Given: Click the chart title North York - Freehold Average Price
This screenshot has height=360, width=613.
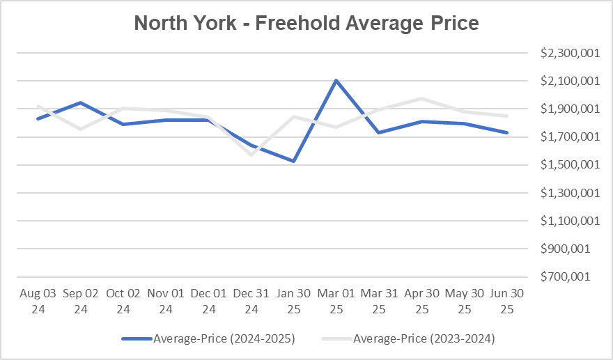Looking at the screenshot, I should [x=306, y=23].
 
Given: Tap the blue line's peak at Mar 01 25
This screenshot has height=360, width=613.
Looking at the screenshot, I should [x=336, y=80].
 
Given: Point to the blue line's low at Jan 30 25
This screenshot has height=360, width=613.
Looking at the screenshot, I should [x=293, y=162].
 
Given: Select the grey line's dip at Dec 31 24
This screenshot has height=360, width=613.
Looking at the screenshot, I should [x=251, y=155].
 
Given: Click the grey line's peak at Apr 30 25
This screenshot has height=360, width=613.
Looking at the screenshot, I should [x=421, y=99].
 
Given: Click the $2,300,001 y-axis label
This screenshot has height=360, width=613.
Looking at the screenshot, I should [x=568, y=54].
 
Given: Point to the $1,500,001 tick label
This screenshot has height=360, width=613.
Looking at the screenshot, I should [x=568, y=165].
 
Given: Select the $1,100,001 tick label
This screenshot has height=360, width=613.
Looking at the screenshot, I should [x=568, y=221].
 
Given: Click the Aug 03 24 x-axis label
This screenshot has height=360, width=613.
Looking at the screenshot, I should [x=38, y=301].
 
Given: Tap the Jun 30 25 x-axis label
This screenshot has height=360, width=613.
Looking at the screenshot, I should [x=506, y=301].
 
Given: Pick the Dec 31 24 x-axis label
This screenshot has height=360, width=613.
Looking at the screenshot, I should [x=251, y=301].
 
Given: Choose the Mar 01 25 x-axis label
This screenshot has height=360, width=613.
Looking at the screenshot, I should [x=336, y=301].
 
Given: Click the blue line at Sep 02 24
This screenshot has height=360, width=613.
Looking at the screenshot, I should [x=81, y=102].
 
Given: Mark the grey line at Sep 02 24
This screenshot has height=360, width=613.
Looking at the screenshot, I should [x=81, y=129].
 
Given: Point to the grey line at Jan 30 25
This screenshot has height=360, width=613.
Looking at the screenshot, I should [x=293, y=116].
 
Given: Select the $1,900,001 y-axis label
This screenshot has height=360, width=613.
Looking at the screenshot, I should [x=568, y=109].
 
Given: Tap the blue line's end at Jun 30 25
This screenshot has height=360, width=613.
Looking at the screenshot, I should [x=506, y=132].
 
